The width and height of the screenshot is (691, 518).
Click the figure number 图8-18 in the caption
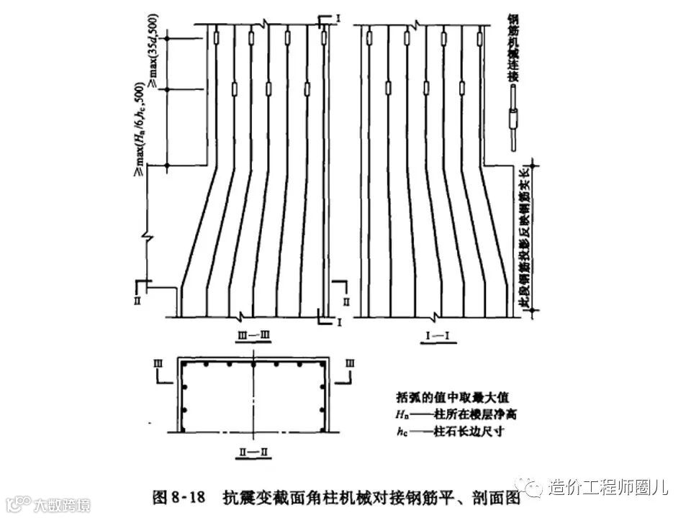(180, 497)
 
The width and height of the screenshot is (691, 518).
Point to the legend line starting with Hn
(456, 414)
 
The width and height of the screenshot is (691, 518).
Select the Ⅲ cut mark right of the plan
(351, 365)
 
